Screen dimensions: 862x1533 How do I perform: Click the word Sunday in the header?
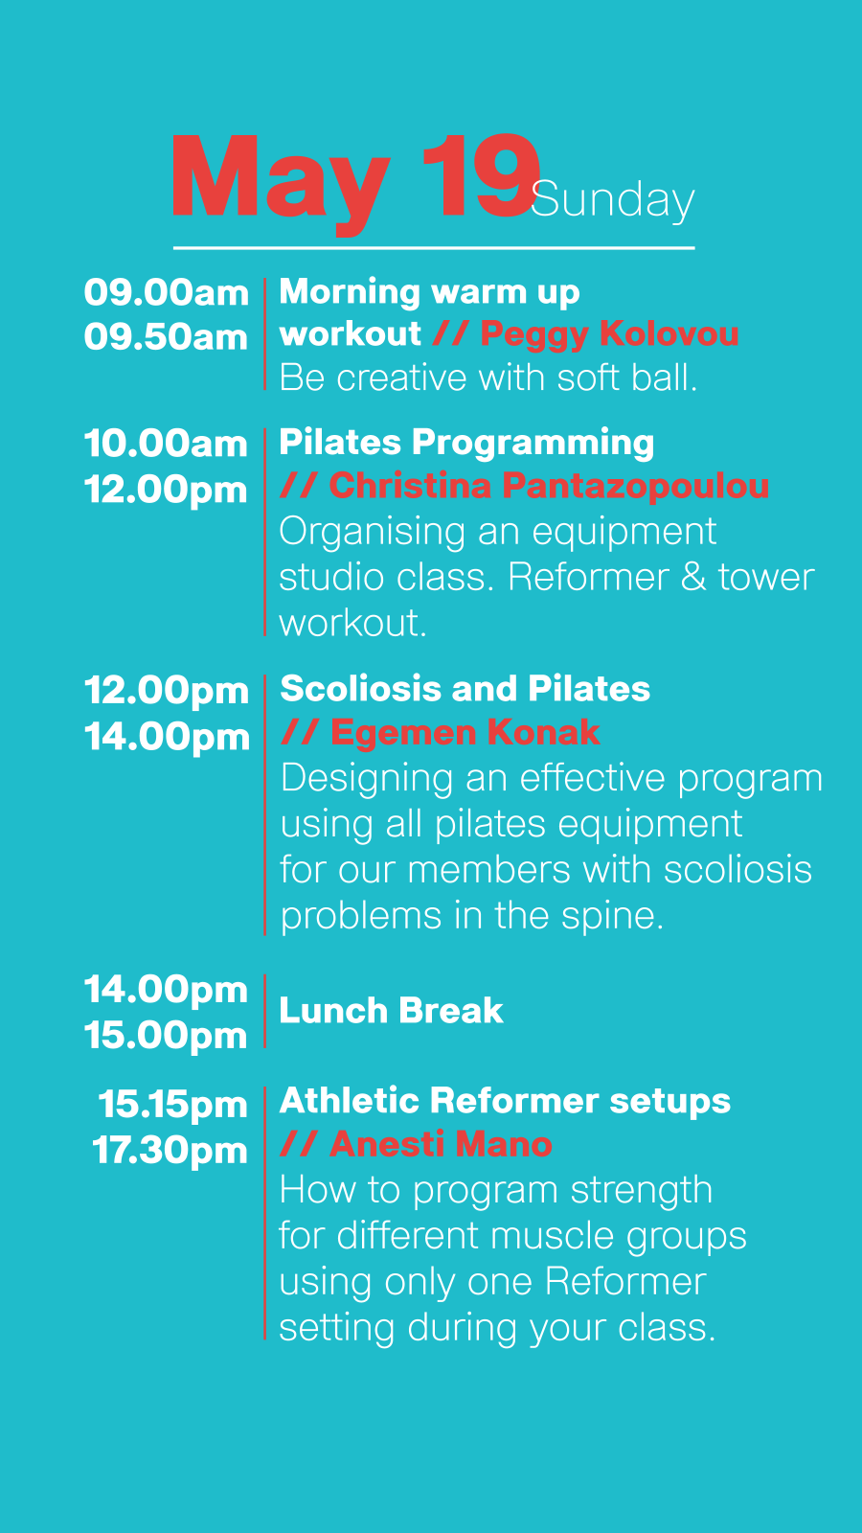(613, 201)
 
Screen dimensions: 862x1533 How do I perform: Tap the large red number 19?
(480, 176)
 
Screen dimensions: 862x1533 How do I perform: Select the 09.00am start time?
(167, 293)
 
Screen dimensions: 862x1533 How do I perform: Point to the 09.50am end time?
(167, 337)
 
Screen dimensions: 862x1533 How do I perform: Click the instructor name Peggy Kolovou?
(609, 334)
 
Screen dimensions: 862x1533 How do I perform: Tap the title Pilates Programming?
(466, 443)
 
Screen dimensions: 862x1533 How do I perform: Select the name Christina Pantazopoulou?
(550, 487)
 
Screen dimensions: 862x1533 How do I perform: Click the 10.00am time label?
(167, 444)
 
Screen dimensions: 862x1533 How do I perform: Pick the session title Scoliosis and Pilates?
(465, 689)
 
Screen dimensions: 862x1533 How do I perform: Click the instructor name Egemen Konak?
(465, 732)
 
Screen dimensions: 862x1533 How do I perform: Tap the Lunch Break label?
(392, 1011)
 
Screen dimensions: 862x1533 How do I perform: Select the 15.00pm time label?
(167, 1035)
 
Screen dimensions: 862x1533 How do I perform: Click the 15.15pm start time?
(173, 1105)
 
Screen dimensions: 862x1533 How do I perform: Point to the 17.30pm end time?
(170, 1150)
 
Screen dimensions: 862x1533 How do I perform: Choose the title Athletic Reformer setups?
(506, 1101)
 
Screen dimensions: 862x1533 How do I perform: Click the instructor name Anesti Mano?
(442, 1144)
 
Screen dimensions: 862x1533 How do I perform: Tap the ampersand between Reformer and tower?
(693, 577)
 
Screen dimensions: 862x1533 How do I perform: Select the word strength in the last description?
(642, 1191)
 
